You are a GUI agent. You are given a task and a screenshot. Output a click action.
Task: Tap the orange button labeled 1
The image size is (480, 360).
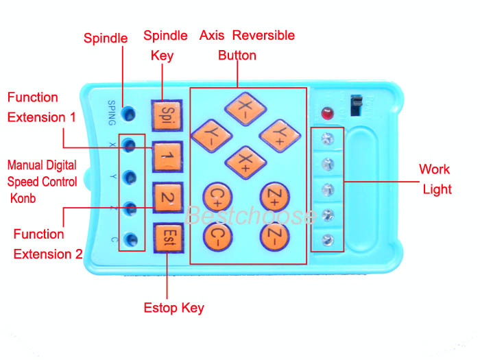[167, 156]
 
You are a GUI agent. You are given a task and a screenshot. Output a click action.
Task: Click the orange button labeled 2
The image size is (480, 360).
[168, 197]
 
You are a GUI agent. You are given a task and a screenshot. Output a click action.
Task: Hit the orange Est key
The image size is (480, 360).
[169, 237]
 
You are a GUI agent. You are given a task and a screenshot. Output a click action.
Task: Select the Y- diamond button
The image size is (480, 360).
[211, 135]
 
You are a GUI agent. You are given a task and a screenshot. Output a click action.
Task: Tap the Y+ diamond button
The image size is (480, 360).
[280, 135]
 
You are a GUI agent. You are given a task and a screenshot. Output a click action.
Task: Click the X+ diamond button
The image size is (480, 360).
[245, 163]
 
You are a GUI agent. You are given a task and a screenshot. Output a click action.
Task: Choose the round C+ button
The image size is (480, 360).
[217, 197]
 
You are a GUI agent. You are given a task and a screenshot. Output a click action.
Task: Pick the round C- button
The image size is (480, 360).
[217, 237]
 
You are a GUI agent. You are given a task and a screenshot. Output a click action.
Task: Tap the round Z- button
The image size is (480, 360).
[274, 237]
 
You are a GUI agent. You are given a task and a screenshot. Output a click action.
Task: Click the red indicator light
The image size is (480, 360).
[327, 113]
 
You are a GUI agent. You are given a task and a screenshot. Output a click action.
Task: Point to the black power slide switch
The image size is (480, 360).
[356, 106]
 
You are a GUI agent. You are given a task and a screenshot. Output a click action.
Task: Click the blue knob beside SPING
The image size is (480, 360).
[128, 114]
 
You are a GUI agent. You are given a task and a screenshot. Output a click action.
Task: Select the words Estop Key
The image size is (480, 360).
[174, 308]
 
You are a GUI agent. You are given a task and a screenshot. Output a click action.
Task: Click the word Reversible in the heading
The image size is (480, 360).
[263, 35]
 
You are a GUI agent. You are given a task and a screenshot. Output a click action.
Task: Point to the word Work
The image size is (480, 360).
[434, 169]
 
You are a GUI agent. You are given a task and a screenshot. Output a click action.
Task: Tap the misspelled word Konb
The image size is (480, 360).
[23, 198]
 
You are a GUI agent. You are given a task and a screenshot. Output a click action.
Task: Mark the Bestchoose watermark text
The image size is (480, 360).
[250, 215]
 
